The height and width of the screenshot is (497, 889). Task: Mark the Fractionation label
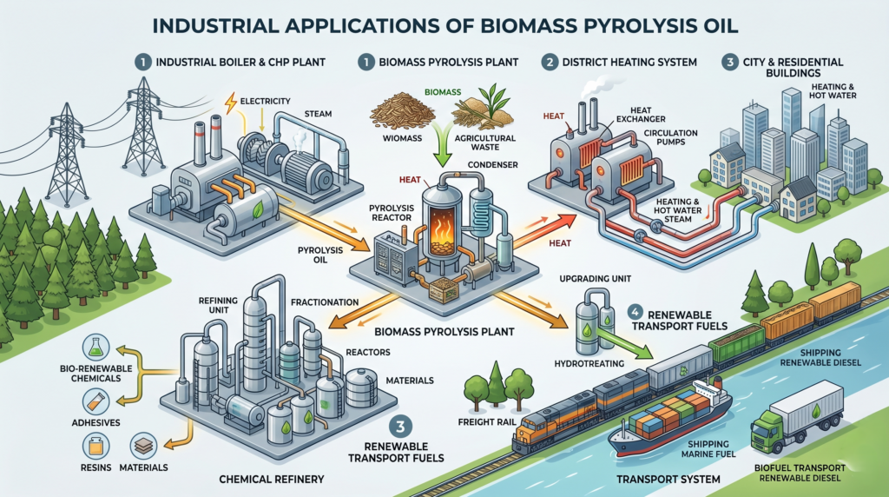pyautogui.click(x=326, y=302)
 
